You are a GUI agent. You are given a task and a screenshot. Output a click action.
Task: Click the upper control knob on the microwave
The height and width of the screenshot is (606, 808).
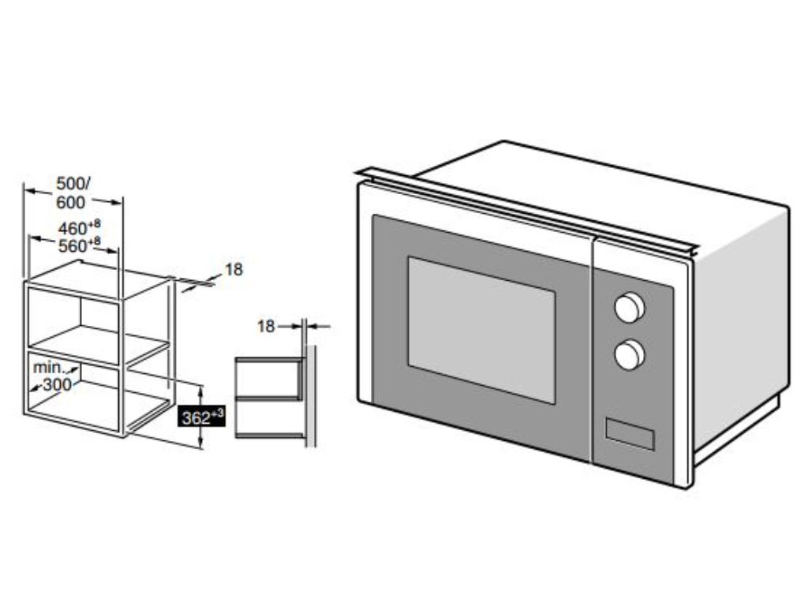click(x=630, y=308)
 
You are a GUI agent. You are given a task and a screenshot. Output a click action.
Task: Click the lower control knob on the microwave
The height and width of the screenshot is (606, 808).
click(x=630, y=354)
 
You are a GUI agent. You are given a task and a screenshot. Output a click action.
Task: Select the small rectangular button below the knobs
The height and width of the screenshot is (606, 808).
click(x=630, y=434)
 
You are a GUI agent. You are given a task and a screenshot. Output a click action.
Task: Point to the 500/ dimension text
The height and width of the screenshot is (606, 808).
click(x=73, y=183)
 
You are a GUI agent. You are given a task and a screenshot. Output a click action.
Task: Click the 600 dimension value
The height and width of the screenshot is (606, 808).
click(x=71, y=203)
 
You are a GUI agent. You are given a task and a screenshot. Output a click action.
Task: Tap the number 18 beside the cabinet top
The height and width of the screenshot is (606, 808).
click(x=234, y=270)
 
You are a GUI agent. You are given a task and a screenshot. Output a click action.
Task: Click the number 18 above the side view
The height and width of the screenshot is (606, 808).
click(x=266, y=326)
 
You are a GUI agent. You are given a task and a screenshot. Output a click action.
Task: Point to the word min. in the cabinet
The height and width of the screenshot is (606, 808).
click(x=49, y=368)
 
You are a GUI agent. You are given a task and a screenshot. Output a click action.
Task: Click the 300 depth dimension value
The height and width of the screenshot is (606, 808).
click(x=58, y=384)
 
